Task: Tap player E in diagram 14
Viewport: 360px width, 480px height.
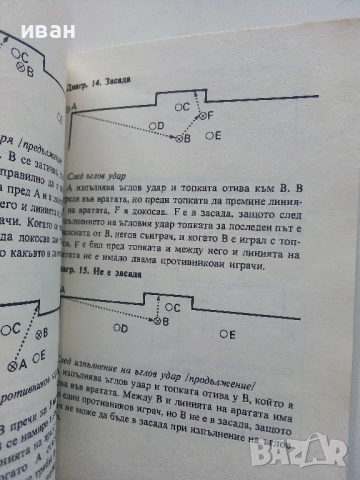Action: pos(219,135)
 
